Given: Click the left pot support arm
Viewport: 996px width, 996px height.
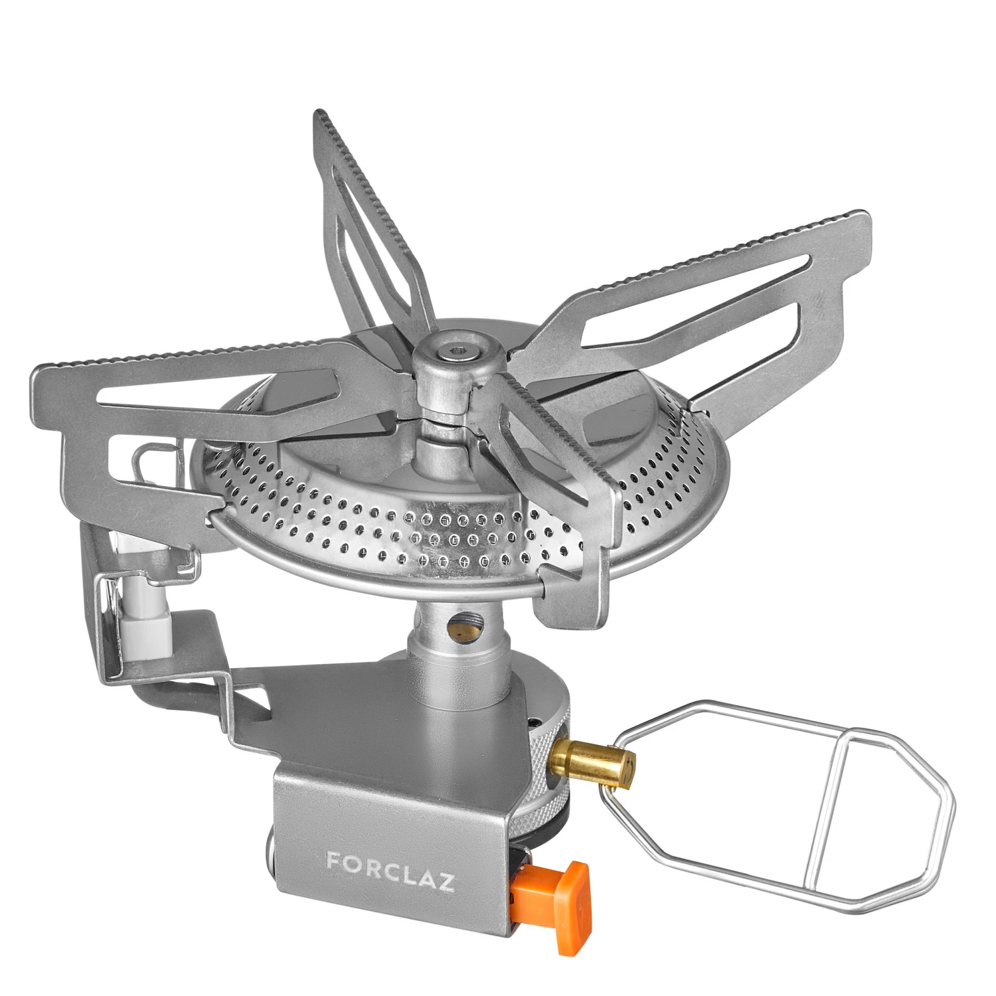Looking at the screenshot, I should pos(199,398).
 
